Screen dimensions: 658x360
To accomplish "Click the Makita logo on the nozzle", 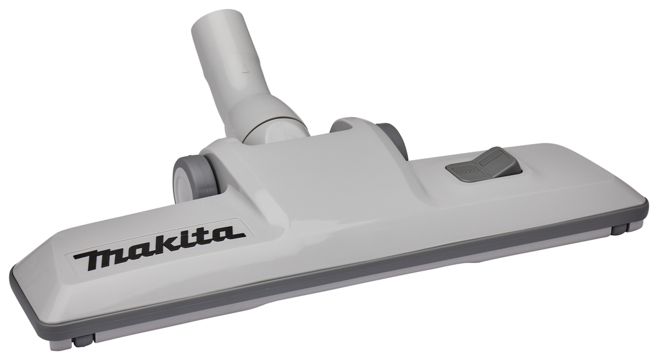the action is pyautogui.click(x=159, y=248).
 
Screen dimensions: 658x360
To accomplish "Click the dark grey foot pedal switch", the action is pyautogui.click(x=483, y=165).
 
